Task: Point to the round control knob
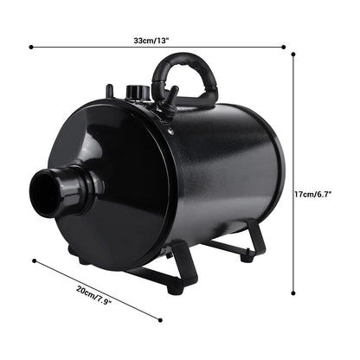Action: click(x=134, y=91)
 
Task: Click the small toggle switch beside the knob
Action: click(x=110, y=90)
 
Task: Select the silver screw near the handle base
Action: click(x=170, y=132)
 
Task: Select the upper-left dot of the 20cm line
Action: click(x=33, y=259)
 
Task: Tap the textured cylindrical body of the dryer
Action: click(x=229, y=173)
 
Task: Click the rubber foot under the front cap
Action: click(x=83, y=257)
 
